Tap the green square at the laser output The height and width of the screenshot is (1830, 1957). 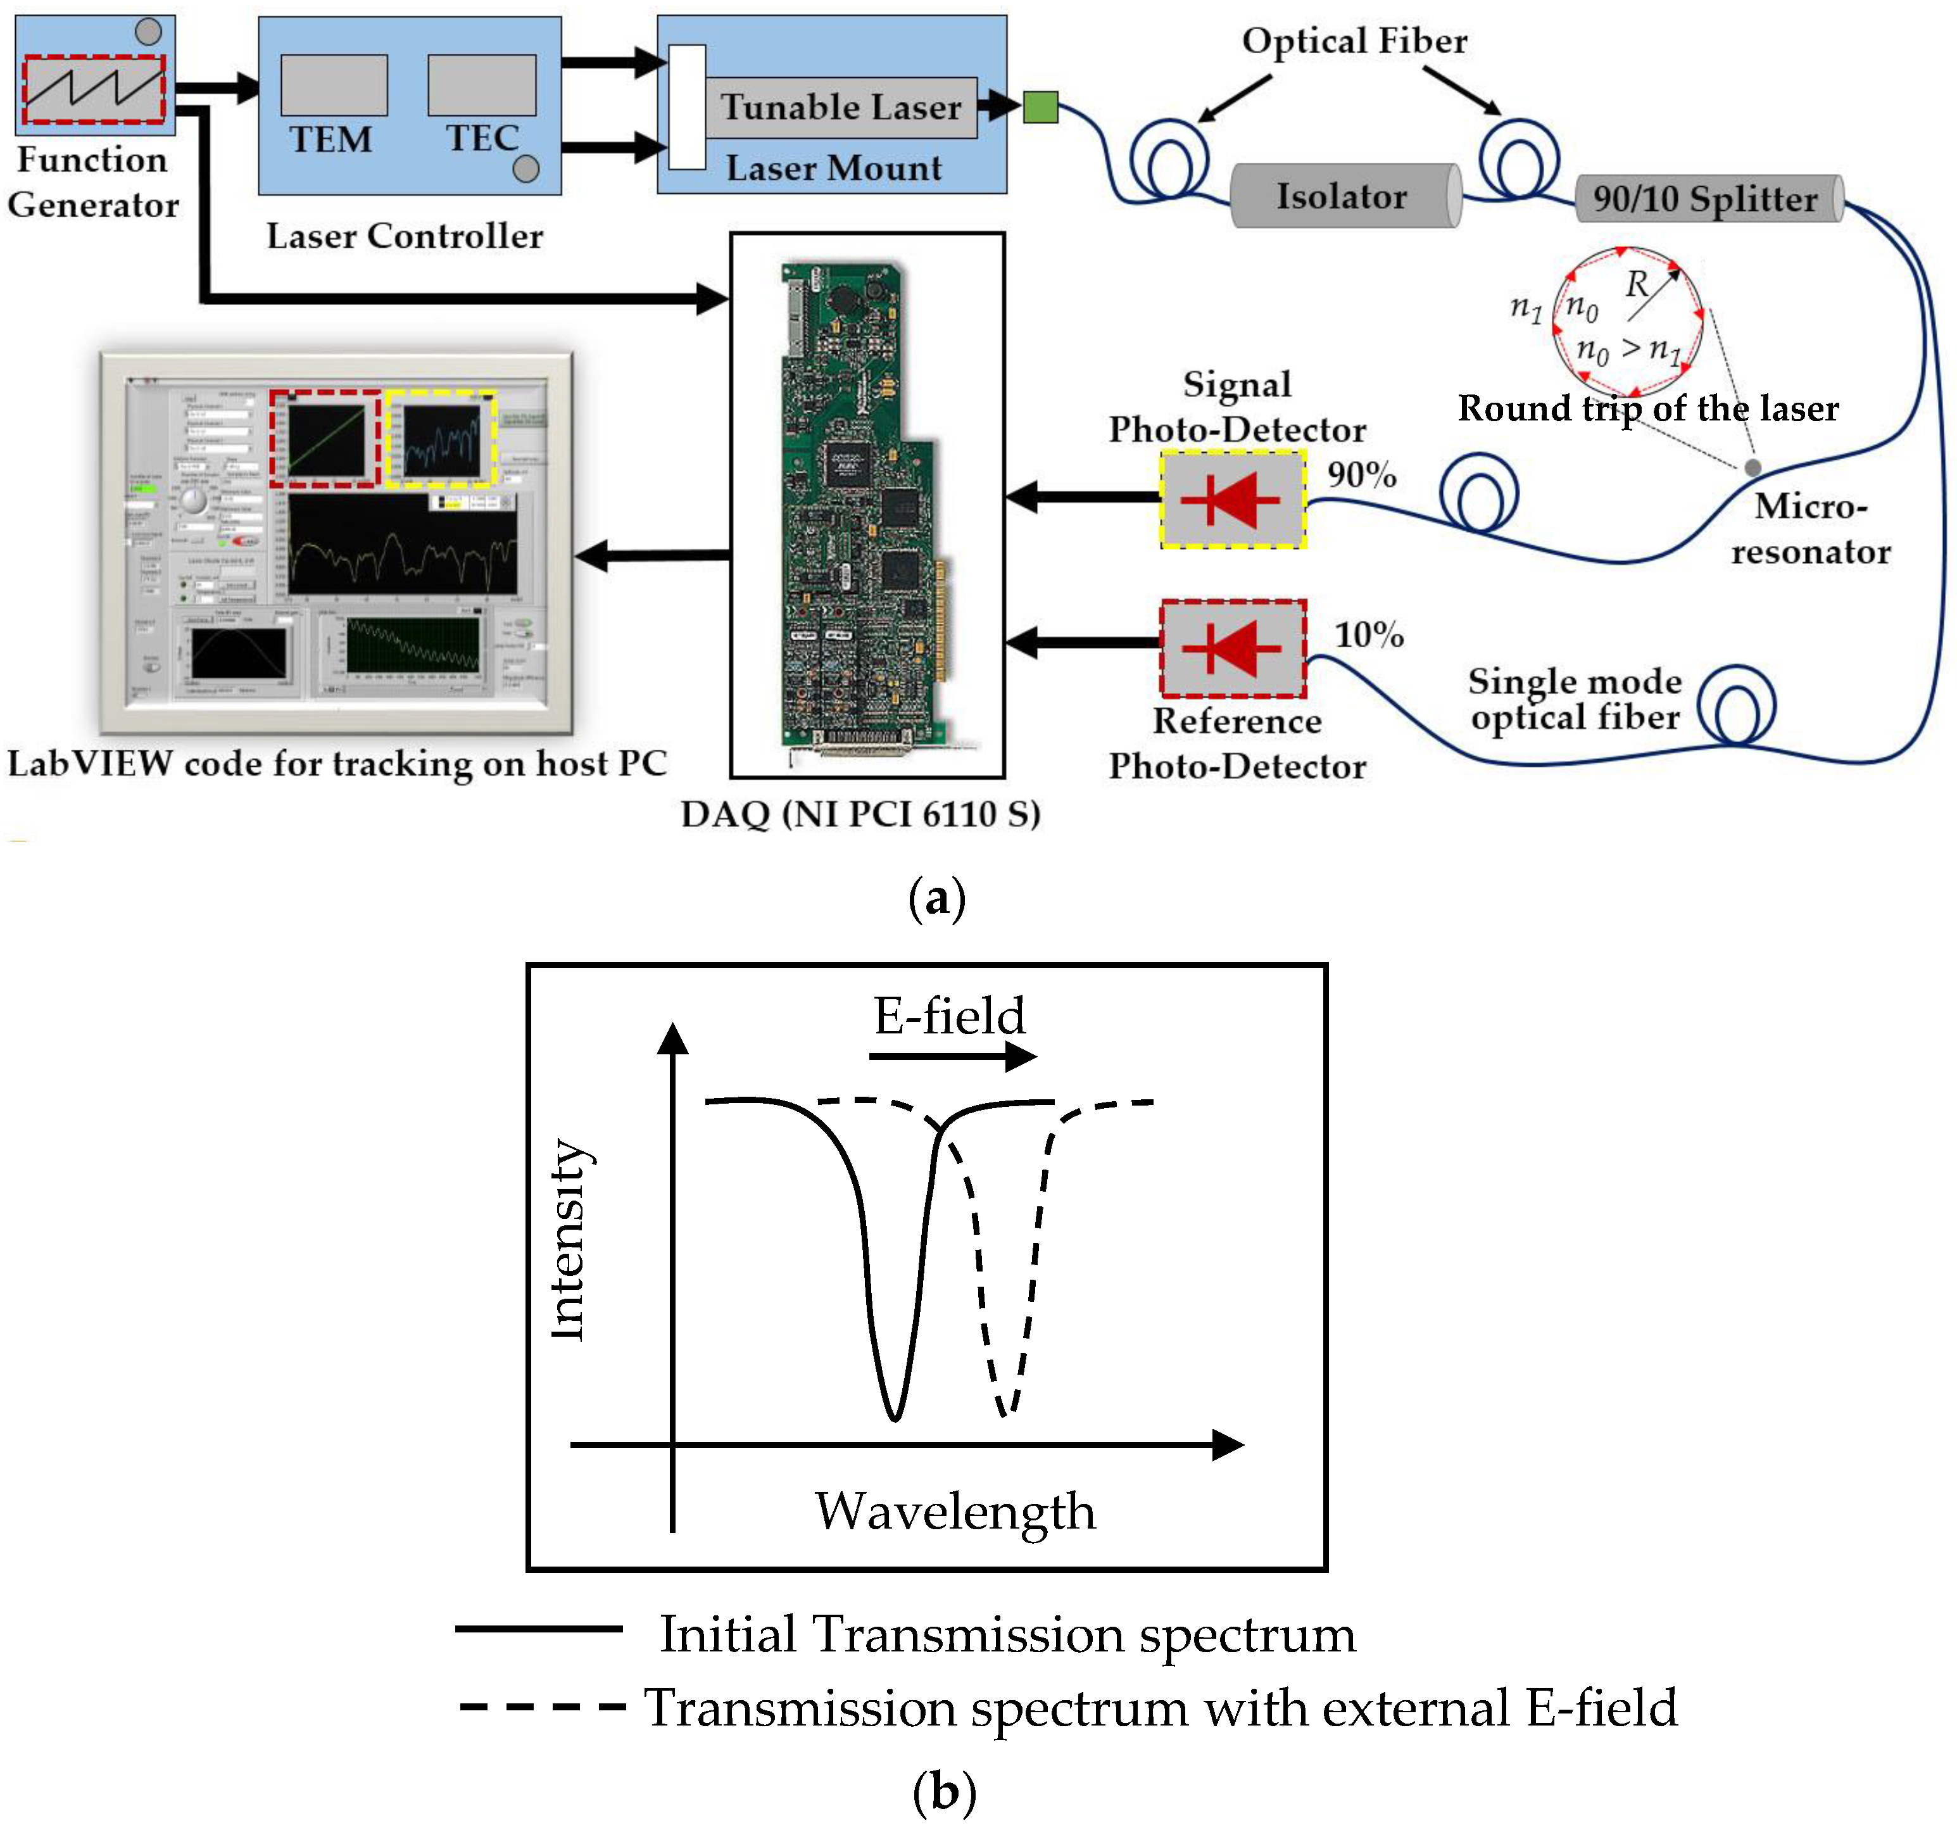[1040, 106]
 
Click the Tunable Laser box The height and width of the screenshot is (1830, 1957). [840, 107]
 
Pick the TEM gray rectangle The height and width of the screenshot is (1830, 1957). [334, 85]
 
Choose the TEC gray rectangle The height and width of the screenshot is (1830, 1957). [481, 85]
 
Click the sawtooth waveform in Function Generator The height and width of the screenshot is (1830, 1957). [94, 89]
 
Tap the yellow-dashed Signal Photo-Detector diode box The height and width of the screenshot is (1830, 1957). [1233, 500]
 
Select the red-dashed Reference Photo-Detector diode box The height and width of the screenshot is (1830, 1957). [1233, 648]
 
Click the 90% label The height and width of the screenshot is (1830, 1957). [1361, 474]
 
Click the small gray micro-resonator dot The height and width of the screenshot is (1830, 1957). [1752, 467]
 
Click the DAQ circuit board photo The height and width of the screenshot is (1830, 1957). [866, 504]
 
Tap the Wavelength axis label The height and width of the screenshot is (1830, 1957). [955, 1511]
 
